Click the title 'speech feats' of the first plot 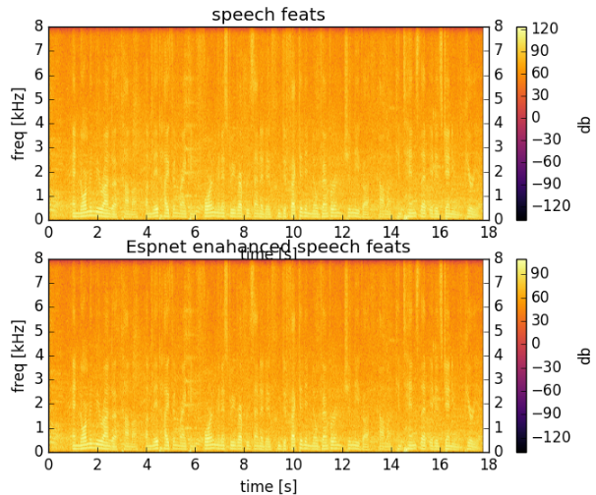[x=267, y=13]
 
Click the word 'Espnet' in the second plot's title [x=154, y=247]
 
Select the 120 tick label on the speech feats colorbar [x=547, y=28]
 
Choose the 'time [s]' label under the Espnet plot [x=268, y=485]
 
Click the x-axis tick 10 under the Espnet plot [x=292, y=466]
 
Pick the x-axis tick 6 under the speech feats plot [x=195, y=233]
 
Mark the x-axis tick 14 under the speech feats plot [x=389, y=233]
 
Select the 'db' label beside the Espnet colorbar [x=584, y=356]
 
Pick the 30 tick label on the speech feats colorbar [x=544, y=95]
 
